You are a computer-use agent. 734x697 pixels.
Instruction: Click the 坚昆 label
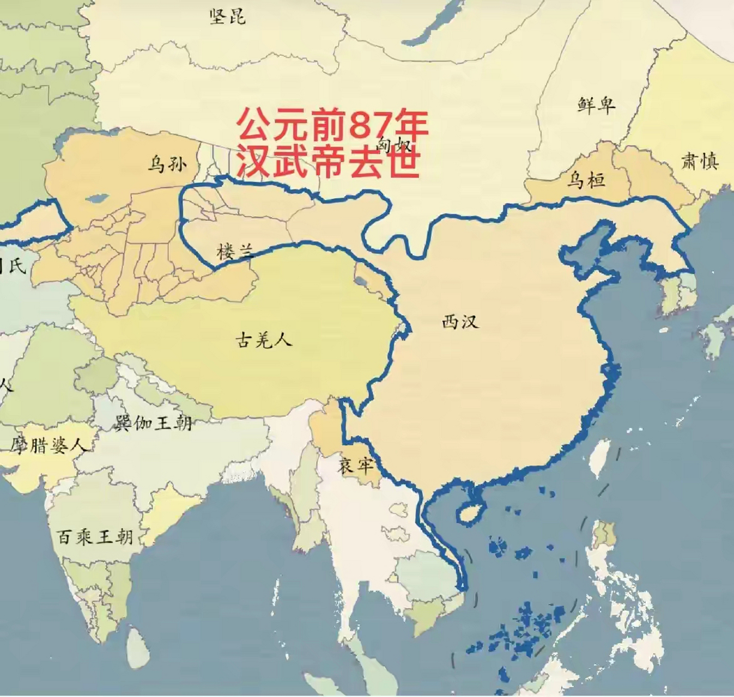coord(228,16)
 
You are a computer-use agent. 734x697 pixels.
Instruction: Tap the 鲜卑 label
coord(597,104)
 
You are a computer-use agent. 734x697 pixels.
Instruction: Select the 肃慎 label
coord(700,161)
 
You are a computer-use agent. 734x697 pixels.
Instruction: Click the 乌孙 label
coord(167,163)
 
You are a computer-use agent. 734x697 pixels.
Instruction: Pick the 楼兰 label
coord(235,252)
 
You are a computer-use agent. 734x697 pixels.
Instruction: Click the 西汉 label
coord(460,322)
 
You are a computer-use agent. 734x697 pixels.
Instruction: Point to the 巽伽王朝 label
coord(154,423)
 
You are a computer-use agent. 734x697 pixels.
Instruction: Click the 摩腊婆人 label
coord(48,445)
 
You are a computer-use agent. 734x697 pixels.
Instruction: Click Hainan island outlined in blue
coord(468,512)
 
